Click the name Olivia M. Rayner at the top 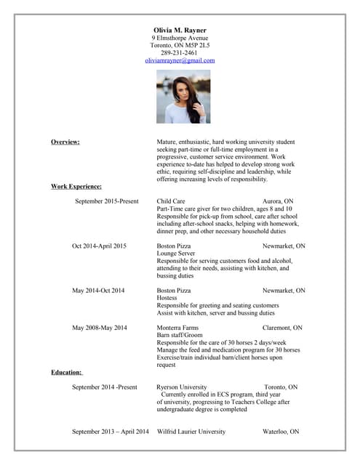pyautogui.click(x=180, y=29)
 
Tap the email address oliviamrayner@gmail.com pyautogui.click(x=180, y=60)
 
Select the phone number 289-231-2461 pyautogui.click(x=180, y=52)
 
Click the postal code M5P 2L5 pyautogui.click(x=196, y=45)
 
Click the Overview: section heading pyautogui.click(x=65, y=142)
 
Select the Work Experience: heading pyautogui.click(x=76, y=187)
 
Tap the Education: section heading pyautogui.click(x=66, y=372)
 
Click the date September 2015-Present pyautogui.click(x=106, y=201)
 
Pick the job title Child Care pyautogui.click(x=171, y=201)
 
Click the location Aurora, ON pyautogui.click(x=278, y=201)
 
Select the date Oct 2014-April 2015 pyautogui.click(x=99, y=246)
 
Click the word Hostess pyautogui.click(x=167, y=298)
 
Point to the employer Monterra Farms pyautogui.click(x=177, y=328)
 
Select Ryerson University pyautogui.click(x=182, y=387)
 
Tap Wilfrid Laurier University pyautogui.click(x=191, y=432)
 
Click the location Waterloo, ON pyautogui.click(x=281, y=432)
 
